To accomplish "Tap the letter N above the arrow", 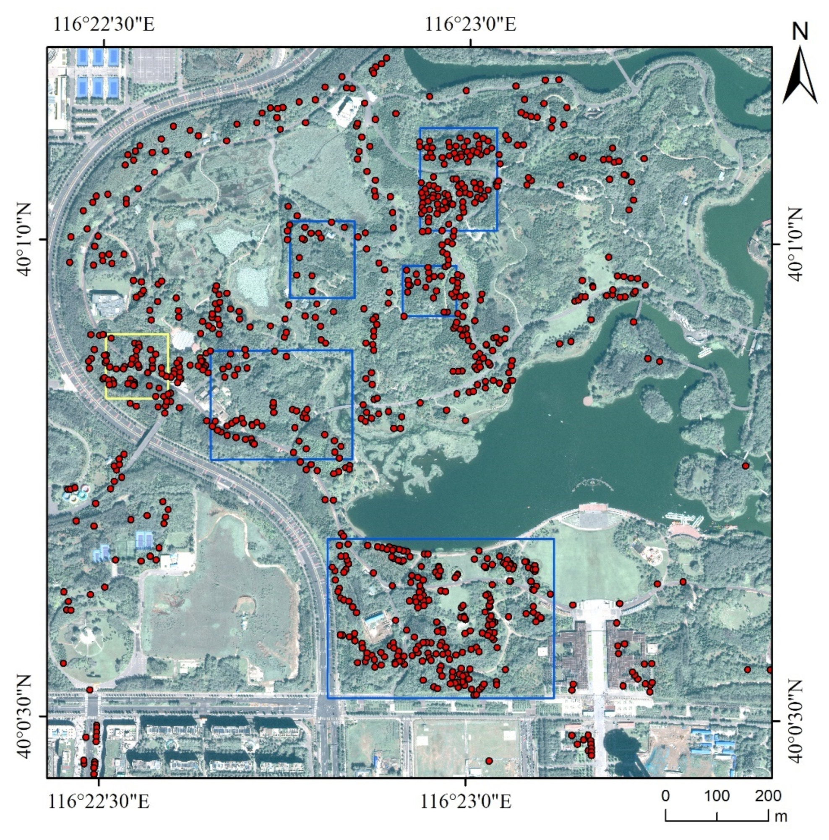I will tap(800, 31).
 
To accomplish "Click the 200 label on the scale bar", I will tap(768, 795).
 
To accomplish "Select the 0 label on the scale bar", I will tap(665, 795).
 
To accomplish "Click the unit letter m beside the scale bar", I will tap(781, 817).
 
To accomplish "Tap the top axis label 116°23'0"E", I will tap(470, 24).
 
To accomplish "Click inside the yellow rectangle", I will tap(137, 366).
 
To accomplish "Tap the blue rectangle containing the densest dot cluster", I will tap(458, 179).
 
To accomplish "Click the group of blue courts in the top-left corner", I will tap(97, 72).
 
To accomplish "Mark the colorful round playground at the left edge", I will tap(76, 494).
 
